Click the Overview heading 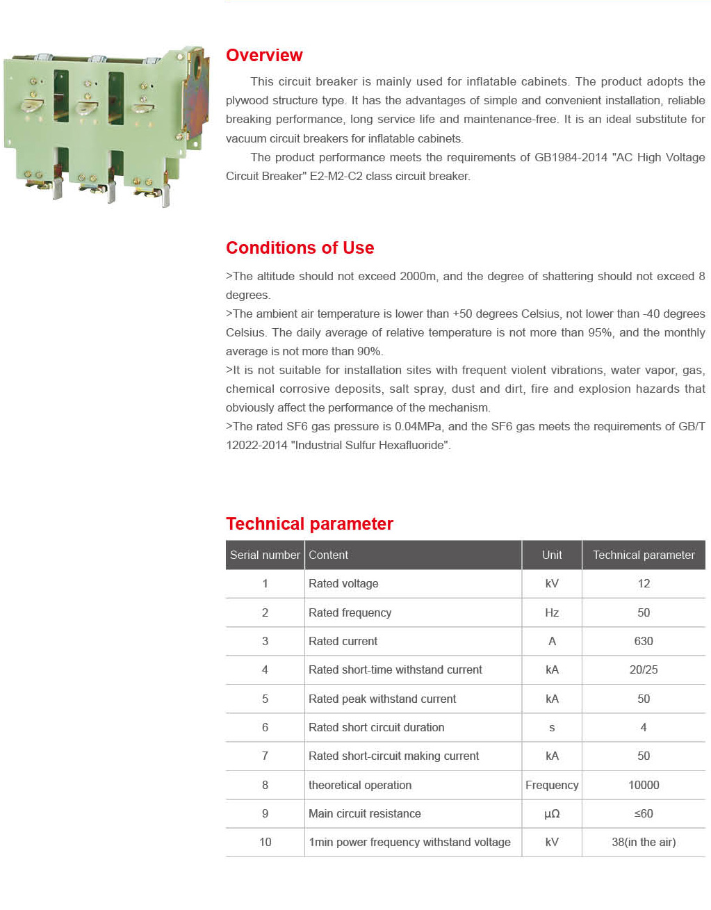[264, 56]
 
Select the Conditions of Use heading [300, 248]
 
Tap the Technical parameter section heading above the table [309, 524]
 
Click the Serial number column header [265, 555]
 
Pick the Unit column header [552, 555]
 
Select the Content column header [329, 555]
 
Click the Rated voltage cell [343, 584]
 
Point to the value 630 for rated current [644, 641]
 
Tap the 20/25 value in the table [644, 670]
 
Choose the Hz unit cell [552, 612]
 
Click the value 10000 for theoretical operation [644, 785]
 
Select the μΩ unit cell [552, 814]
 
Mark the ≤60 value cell [644, 814]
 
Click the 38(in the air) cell [644, 843]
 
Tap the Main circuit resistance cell [365, 814]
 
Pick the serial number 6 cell [265, 728]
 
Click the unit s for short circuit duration [552, 728]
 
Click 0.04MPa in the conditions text [418, 427]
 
